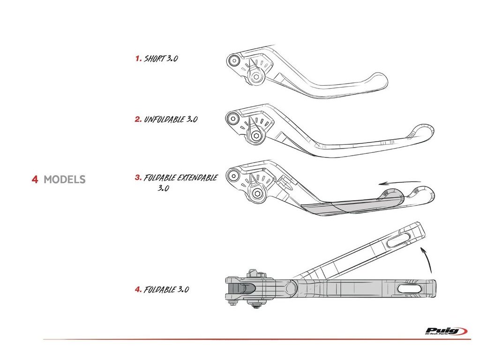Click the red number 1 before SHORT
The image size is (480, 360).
138,59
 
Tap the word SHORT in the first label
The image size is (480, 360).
154,59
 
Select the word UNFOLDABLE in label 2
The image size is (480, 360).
164,119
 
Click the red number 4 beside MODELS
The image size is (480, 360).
35,179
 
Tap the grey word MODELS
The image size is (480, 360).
64,179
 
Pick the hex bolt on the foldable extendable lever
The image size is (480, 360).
256,194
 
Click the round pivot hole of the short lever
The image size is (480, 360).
233,60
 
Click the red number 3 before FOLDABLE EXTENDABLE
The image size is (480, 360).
138,178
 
